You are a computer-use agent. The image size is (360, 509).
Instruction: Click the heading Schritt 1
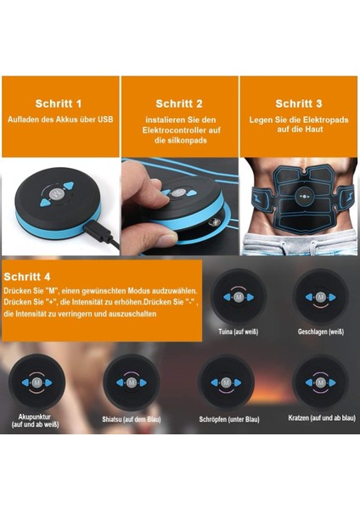[x=58, y=103]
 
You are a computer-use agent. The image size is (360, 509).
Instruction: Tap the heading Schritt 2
[x=179, y=103]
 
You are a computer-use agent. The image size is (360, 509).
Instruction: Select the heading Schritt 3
[x=299, y=103]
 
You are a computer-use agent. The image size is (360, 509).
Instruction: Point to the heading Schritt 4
[x=27, y=277]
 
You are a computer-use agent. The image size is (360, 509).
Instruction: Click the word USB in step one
[x=105, y=119]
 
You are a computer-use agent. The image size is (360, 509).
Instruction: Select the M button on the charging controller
[x=55, y=195]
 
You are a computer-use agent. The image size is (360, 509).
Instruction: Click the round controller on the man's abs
[x=304, y=197]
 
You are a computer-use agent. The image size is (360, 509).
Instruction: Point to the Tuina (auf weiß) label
[x=239, y=332]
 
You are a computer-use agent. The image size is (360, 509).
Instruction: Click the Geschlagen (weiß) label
[x=321, y=332]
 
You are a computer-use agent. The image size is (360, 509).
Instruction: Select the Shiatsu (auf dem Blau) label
[x=132, y=419]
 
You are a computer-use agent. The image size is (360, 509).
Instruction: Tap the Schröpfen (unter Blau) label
[x=229, y=419]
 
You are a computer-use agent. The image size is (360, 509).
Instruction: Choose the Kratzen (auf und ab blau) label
[x=322, y=418]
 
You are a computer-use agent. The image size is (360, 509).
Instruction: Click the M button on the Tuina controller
[x=239, y=297]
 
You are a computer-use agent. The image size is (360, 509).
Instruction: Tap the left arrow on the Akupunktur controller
[x=25, y=383]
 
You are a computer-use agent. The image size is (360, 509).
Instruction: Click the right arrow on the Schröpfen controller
[x=238, y=383]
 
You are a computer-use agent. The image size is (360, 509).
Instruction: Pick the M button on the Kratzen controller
[x=321, y=383]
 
